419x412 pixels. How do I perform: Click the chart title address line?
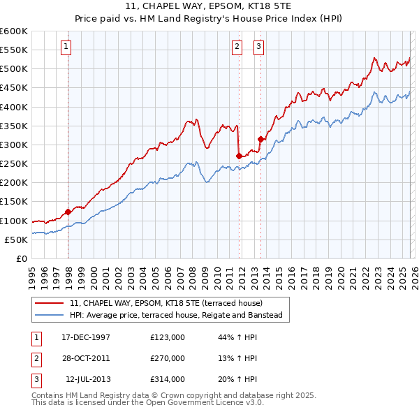click(209, 8)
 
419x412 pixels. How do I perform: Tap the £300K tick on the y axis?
click(14, 145)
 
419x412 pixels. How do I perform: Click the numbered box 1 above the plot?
click(66, 47)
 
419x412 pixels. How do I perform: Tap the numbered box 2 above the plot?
click(237, 47)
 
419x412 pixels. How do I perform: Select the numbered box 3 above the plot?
click(258, 47)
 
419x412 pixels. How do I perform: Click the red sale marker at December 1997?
click(68, 212)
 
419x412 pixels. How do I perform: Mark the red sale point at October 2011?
click(239, 156)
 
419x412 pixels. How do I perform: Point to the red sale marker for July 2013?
click(260, 139)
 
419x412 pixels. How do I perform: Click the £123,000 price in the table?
click(167, 337)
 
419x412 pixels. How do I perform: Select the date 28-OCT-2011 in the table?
click(86, 358)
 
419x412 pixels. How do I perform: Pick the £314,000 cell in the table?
click(167, 379)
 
